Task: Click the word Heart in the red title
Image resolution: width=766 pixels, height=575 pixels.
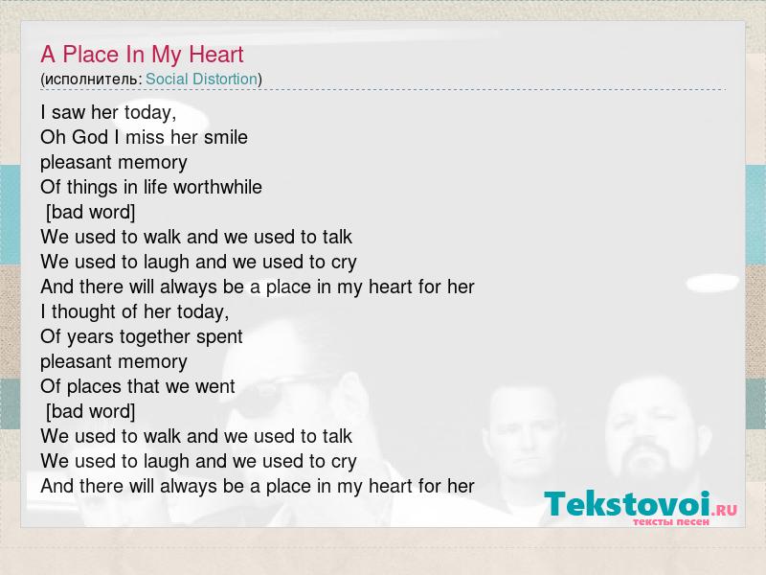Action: click(216, 55)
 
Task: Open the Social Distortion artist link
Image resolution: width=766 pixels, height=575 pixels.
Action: click(201, 79)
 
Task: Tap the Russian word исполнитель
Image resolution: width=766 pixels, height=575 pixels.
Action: click(91, 80)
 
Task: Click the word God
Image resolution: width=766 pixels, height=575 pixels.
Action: click(90, 137)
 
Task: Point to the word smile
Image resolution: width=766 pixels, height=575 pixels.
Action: click(226, 137)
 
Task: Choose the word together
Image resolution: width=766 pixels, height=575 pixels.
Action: click(155, 337)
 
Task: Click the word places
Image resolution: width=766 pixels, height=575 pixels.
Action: click(94, 387)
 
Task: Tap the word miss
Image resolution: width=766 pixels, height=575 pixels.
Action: click(146, 137)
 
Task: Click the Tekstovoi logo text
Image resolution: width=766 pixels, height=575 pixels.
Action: click(627, 504)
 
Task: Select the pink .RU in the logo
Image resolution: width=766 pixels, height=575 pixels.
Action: click(724, 511)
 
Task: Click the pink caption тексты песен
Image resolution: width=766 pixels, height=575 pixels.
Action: click(671, 522)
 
